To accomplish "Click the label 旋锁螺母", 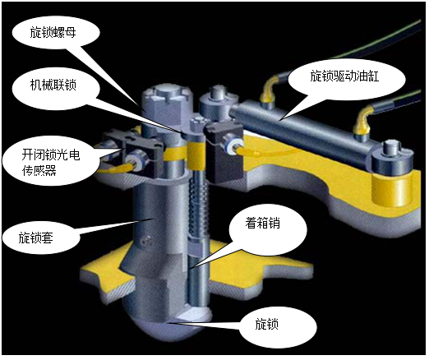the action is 53,33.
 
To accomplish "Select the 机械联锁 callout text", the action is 53,85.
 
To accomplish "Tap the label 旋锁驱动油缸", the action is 344,76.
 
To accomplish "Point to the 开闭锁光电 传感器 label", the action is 51,163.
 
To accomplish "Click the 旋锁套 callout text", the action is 36,238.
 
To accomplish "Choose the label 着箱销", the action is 263,223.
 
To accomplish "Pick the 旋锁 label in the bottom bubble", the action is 267,324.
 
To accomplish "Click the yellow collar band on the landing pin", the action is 196,155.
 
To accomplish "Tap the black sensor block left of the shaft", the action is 137,154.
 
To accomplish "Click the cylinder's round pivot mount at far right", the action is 392,159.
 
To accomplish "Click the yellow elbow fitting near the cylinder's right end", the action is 361,122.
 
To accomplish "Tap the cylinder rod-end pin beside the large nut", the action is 216,105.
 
